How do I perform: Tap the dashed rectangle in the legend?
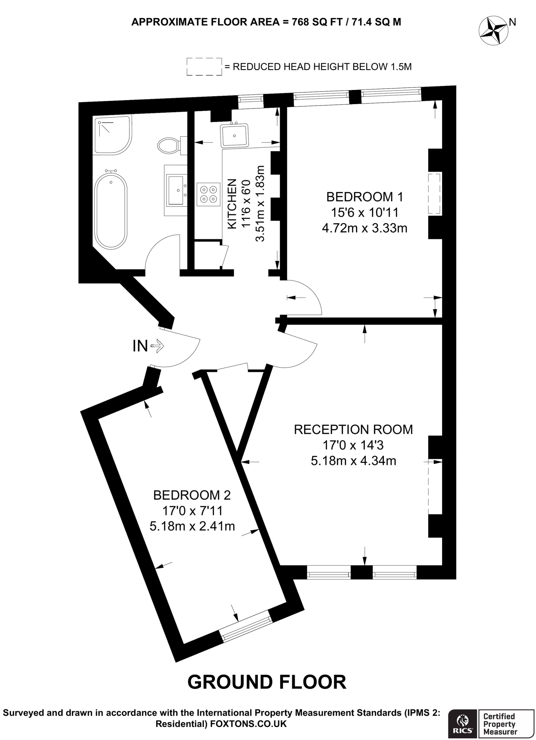(204, 66)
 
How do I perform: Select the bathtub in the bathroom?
(111, 210)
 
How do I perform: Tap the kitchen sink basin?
(235, 135)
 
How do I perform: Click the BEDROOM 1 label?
(364, 197)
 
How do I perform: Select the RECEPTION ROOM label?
(353, 430)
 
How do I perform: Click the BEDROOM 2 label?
(192, 495)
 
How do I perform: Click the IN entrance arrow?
(158, 347)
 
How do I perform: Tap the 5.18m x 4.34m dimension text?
(353, 461)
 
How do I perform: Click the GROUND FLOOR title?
(267, 682)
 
